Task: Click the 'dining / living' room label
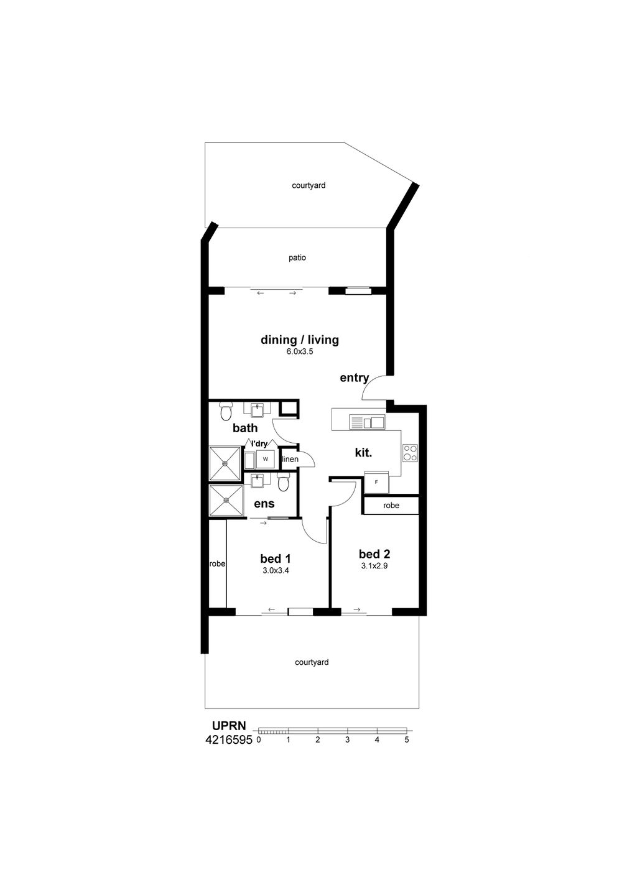[299, 340]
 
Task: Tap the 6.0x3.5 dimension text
[299, 352]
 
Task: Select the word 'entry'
[354, 378]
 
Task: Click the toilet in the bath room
[226, 411]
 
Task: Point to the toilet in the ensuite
[283, 481]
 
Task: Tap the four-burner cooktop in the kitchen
[411, 453]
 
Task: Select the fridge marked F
[376, 482]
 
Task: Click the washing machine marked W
[266, 459]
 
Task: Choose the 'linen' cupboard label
[290, 459]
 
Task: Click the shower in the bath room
[225, 463]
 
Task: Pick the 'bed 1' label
[276, 558]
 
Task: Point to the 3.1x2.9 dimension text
[374, 566]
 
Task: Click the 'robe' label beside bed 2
[391, 506]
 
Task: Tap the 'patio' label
[297, 258]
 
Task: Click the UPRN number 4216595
[228, 740]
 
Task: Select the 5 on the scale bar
[407, 739]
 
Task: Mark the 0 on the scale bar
[259, 739]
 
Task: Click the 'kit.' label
[363, 453]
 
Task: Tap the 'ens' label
[264, 504]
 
